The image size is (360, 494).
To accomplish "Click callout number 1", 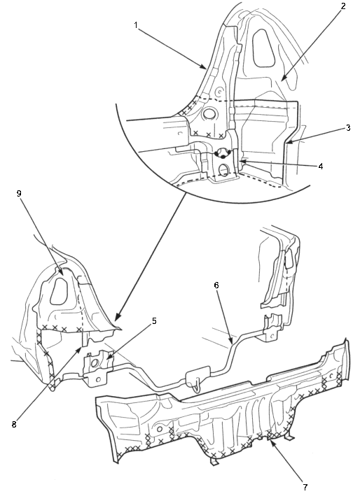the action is [x=136, y=25].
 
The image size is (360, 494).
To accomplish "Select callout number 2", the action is [x=343, y=6].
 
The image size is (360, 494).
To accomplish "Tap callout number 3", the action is [x=347, y=128].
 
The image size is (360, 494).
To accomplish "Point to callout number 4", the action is [x=320, y=166].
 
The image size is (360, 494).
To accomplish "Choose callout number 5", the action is [x=154, y=320].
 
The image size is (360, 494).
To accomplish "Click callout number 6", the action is [x=216, y=285].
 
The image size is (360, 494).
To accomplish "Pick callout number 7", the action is [x=305, y=487].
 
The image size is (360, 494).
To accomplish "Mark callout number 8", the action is [x=14, y=424].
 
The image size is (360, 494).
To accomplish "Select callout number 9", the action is [x=19, y=193].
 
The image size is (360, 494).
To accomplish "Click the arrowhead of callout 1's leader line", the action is [x=205, y=66].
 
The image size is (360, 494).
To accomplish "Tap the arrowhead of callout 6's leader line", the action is [x=232, y=341].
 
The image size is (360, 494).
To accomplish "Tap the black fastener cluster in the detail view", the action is [x=222, y=154].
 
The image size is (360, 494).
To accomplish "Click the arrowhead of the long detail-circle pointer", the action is [x=117, y=318].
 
